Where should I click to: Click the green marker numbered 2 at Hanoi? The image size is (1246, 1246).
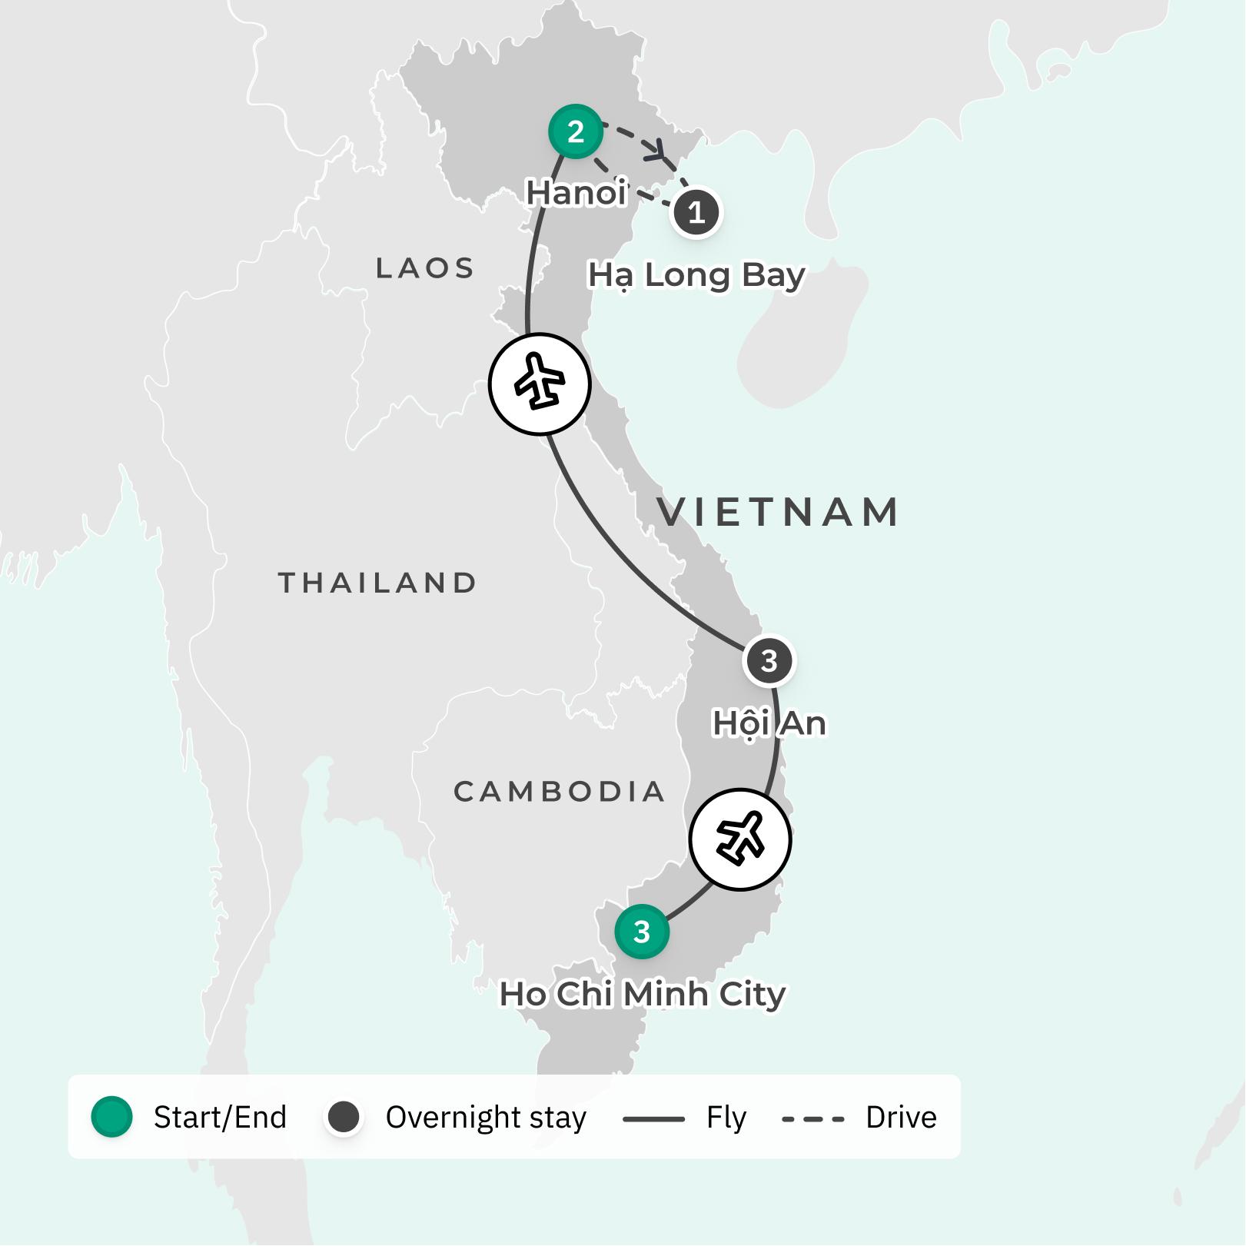pos(576,131)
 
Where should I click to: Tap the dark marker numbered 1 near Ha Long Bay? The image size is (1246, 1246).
pos(696,212)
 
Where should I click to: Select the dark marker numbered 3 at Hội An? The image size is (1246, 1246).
pos(769,661)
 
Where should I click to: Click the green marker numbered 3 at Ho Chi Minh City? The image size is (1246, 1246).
pos(642,932)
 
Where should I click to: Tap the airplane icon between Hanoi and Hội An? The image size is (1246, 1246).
pos(540,384)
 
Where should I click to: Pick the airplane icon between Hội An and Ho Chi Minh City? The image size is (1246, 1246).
pos(740,839)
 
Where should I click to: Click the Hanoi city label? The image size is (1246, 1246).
pos(576,192)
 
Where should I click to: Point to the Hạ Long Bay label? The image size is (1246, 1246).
pos(696,275)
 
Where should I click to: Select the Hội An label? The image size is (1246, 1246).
pos(769,723)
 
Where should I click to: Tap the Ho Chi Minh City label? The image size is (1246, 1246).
pos(643,994)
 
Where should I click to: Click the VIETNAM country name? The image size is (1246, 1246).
pos(778,512)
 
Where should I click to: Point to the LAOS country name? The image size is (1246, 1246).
pos(425,268)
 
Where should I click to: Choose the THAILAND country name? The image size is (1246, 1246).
pos(377,583)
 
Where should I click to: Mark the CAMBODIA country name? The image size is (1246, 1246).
pos(559,791)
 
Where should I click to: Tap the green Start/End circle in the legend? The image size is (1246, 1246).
pos(112,1117)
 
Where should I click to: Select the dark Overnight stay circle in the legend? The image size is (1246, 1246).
pos(344,1117)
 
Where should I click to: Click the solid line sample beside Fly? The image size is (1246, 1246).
pos(653,1119)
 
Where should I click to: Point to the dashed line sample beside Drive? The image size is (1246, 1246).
pos(813,1119)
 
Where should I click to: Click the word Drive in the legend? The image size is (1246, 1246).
pos(901,1117)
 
